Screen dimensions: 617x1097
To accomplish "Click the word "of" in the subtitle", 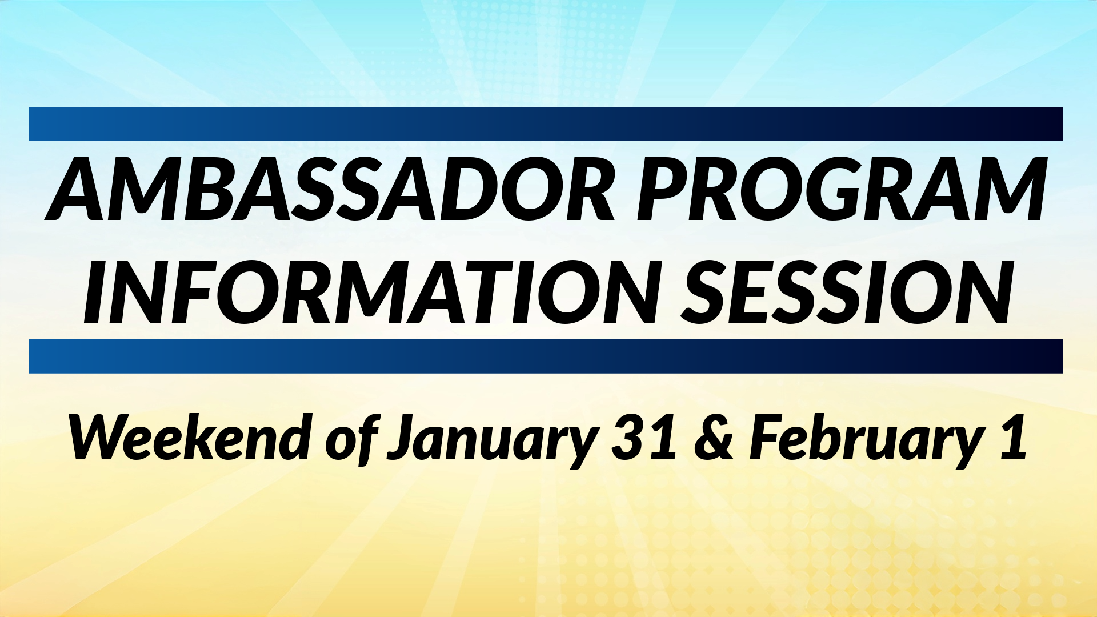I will tap(352, 437).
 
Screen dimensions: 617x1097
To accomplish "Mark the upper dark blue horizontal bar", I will tap(546, 124).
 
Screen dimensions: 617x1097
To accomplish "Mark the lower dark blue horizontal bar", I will tap(546, 356).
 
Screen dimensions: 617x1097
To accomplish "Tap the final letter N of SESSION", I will tap(972, 291).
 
